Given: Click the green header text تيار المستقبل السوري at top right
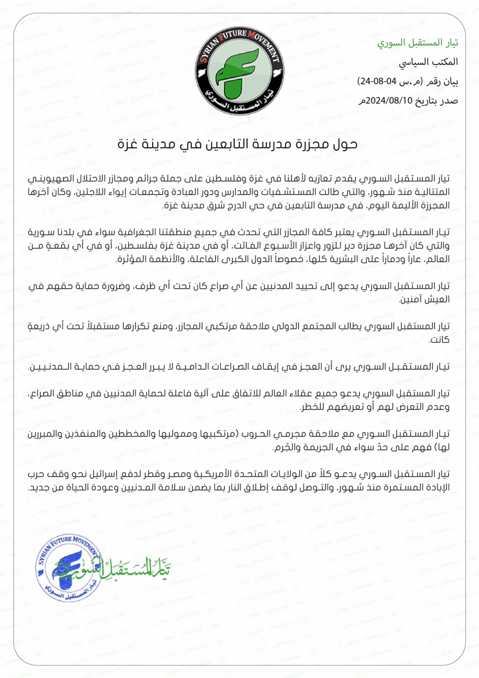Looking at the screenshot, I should (418, 42).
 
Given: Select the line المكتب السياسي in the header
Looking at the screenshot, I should (428, 62).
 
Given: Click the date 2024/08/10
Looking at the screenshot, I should (389, 101).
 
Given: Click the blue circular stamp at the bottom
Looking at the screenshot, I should (68, 569).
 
